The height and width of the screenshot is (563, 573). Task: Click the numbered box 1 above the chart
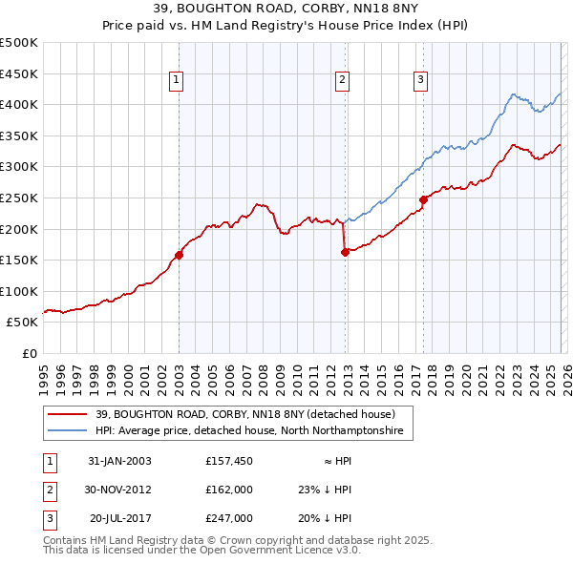[178, 81]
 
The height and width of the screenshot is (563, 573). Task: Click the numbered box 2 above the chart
[341, 81]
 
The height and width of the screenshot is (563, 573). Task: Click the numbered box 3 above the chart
[420, 81]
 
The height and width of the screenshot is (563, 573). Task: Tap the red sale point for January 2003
[179, 255]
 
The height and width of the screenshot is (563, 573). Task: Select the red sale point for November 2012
[346, 252]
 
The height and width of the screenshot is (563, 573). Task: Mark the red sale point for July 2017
[423, 199]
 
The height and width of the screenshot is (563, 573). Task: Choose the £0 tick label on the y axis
[30, 353]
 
